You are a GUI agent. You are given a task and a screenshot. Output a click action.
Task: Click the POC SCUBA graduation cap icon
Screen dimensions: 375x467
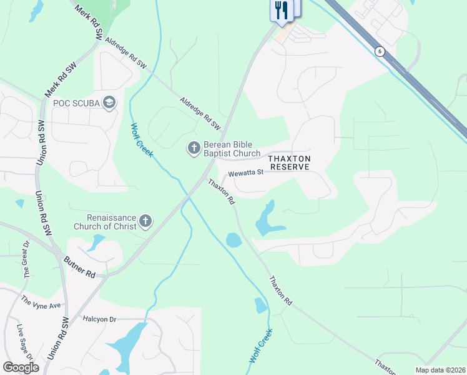click(x=110, y=102)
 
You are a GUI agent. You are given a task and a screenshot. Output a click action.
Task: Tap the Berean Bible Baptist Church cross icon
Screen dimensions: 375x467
click(x=194, y=148)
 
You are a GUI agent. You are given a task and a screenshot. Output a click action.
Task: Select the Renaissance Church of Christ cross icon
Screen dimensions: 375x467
click(x=145, y=220)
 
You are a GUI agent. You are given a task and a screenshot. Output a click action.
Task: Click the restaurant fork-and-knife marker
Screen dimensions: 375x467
click(x=282, y=11)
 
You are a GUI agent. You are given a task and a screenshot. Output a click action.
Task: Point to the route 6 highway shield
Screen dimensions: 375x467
click(x=379, y=51)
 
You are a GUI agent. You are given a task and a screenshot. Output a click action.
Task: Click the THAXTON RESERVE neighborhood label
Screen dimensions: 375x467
click(x=289, y=163)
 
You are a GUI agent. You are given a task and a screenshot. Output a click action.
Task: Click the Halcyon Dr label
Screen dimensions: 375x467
click(x=99, y=319)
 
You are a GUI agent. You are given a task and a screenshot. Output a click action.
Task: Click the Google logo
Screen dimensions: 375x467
click(x=21, y=367)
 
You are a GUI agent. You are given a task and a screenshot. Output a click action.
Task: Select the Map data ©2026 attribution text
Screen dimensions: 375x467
click(x=440, y=370)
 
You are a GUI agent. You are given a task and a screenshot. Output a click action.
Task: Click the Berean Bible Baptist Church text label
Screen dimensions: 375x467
click(x=232, y=149)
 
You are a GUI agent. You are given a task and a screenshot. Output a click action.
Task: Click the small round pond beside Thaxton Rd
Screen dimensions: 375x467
click(x=233, y=239)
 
